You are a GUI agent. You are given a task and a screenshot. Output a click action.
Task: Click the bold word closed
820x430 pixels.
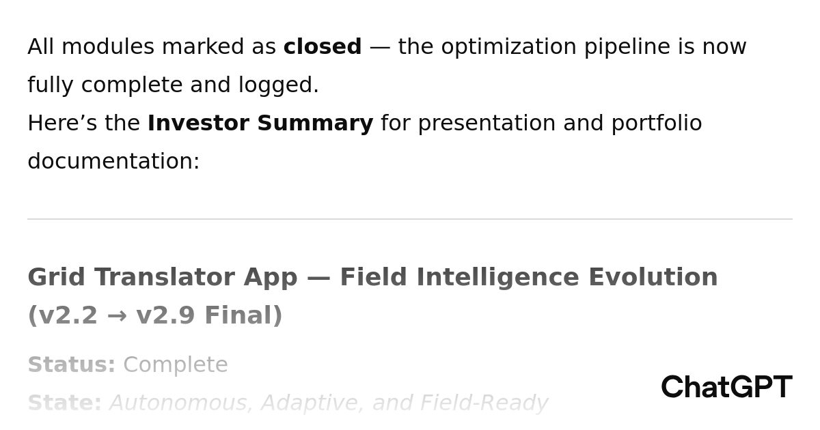coord(323,46)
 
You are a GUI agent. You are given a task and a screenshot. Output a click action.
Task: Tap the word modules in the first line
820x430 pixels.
coord(108,46)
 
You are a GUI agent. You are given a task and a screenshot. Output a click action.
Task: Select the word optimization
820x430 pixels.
coord(509,47)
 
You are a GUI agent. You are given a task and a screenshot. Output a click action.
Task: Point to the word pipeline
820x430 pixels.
coord(627,47)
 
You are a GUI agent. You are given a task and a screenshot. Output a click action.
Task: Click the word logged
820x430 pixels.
coord(279,85)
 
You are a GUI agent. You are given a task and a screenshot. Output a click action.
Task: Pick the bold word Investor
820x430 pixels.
coord(198,123)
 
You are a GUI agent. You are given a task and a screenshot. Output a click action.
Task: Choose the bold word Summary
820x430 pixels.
coord(315,124)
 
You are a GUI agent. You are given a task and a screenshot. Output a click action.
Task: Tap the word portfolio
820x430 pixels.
coord(657,124)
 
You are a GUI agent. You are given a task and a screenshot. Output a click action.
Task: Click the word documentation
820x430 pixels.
coord(113,161)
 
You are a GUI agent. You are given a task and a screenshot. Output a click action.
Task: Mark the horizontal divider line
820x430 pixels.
coord(410,219)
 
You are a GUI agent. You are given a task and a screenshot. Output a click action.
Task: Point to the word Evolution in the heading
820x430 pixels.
coord(653,277)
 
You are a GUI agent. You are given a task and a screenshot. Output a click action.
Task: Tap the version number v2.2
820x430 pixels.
coord(68,315)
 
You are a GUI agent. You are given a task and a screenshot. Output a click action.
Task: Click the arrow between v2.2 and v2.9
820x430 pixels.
coord(117,316)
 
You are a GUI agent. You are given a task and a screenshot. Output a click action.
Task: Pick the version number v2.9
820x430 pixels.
coord(165,315)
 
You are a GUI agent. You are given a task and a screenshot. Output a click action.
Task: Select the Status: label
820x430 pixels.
coord(72,364)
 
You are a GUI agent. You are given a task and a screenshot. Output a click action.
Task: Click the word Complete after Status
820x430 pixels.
coord(176,365)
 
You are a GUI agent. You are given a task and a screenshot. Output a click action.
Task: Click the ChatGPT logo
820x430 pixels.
coord(727,387)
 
